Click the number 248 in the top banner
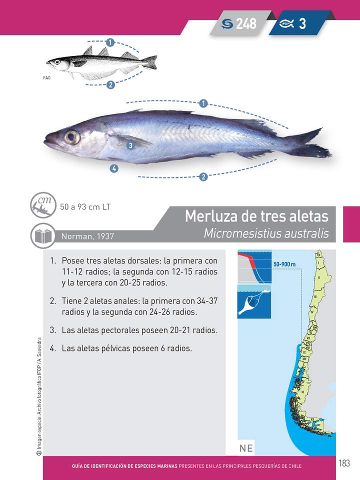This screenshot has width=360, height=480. click(246, 23)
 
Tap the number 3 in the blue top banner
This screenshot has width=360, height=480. click(302, 23)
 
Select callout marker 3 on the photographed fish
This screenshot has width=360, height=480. click(129, 145)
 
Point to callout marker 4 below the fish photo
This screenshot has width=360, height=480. click(114, 168)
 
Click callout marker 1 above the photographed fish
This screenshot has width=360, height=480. click(203, 103)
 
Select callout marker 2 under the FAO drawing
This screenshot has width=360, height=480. click(110, 85)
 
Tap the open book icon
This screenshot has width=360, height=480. click(42, 235)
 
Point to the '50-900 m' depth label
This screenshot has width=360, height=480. click(284, 264)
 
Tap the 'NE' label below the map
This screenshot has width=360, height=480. click(246, 448)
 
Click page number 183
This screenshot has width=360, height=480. click(343, 463)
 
